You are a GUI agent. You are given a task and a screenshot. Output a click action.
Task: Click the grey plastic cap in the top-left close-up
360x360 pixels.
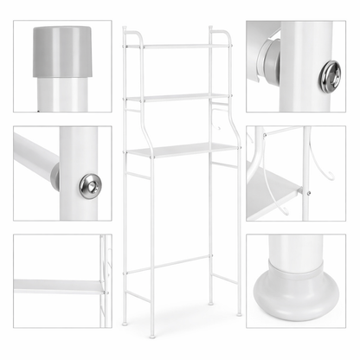pos(62,50)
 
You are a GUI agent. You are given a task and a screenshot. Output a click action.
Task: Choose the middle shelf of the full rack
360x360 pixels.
pos(179,97)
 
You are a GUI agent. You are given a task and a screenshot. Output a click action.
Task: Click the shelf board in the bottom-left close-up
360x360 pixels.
pos(56,286)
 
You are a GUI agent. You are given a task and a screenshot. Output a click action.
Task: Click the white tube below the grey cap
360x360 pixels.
pos(62,93)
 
